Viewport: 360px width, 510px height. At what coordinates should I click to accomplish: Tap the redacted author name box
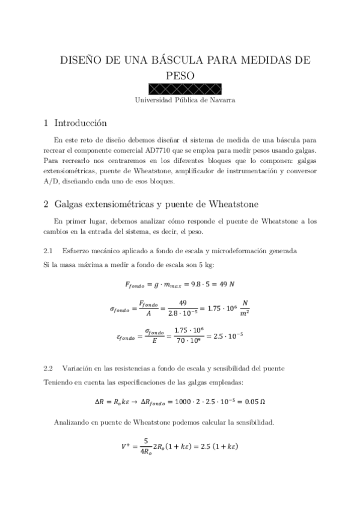(180, 89)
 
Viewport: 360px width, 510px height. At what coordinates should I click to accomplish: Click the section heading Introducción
(81, 124)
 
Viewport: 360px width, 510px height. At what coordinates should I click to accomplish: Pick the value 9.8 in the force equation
(195, 283)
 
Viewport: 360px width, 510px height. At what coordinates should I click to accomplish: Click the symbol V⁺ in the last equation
(126, 447)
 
